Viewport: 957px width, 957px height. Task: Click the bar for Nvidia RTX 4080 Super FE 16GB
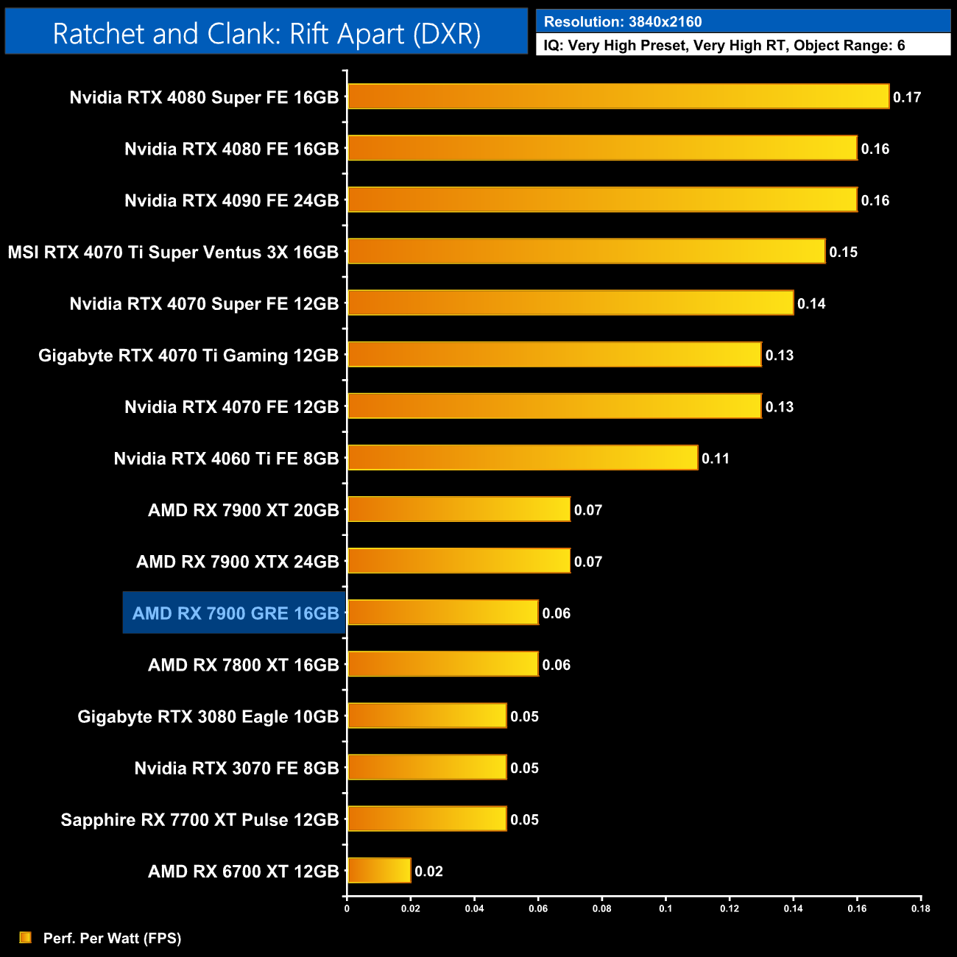click(x=618, y=96)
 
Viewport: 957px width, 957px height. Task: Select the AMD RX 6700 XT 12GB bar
click(x=379, y=871)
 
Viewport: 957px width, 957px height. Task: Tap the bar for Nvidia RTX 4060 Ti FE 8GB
click(x=523, y=458)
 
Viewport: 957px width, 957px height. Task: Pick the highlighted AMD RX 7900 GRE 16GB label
click(x=235, y=613)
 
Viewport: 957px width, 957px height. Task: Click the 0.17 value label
click(x=907, y=97)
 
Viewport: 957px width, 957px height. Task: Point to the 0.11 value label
click(x=716, y=459)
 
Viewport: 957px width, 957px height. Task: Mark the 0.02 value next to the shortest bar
click(x=428, y=872)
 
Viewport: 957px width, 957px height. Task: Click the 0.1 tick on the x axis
click(x=665, y=908)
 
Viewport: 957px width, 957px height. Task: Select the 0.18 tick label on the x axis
click(x=920, y=908)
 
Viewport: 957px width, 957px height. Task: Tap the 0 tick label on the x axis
click(x=347, y=908)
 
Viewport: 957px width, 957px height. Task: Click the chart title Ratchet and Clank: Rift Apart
click(x=266, y=34)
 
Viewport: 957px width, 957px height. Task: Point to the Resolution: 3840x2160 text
click(x=623, y=22)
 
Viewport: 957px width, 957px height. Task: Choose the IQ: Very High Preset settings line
click(x=724, y=46)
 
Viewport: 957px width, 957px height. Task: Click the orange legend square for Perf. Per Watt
click(x=26, y=937)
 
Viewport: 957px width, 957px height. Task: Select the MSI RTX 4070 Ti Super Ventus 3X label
click(x=173, y=253)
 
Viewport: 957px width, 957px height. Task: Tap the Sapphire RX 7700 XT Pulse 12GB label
click(x=199, y=820)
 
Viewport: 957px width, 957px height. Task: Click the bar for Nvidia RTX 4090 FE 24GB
click(x=602, y=199)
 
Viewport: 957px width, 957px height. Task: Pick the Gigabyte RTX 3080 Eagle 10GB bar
click(x=427, y=716)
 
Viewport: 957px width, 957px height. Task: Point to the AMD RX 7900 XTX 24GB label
click(x=237, y=562)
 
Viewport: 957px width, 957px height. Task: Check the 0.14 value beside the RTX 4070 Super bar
click(x=811, y=304)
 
